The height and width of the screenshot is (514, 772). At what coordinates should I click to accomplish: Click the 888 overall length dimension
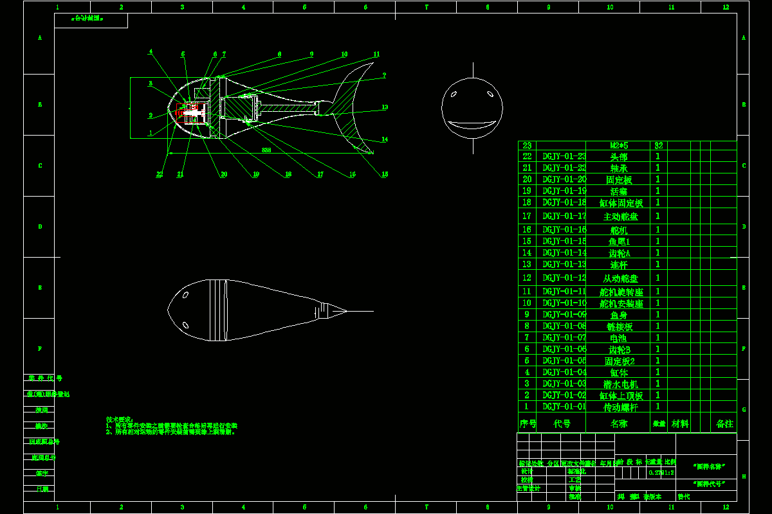[x=266, y=150]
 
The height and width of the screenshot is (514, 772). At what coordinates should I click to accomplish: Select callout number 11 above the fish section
[x=376, y=55]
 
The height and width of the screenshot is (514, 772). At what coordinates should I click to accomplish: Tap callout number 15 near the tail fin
[x=385, y=174]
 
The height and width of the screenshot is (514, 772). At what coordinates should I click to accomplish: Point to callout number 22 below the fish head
[x=160, y=174]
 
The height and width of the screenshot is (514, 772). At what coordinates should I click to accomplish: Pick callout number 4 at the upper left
[x=151, y=51]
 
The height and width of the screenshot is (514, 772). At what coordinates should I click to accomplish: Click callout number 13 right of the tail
[x=385, y=107]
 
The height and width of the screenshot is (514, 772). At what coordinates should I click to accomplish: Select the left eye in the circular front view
[x=454, y=94]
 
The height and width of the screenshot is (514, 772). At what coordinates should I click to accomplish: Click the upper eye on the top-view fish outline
[x=185, y=296]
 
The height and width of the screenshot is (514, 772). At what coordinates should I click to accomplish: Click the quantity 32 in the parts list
[x=658, y=145]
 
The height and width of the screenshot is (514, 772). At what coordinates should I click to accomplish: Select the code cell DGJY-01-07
[x=564, y=337]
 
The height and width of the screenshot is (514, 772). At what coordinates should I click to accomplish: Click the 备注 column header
[x=724, y=424]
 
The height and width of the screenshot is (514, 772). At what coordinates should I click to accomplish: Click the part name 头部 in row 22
[x=618, y=156]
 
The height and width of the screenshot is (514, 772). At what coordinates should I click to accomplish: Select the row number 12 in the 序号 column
[x=527, y=278]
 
